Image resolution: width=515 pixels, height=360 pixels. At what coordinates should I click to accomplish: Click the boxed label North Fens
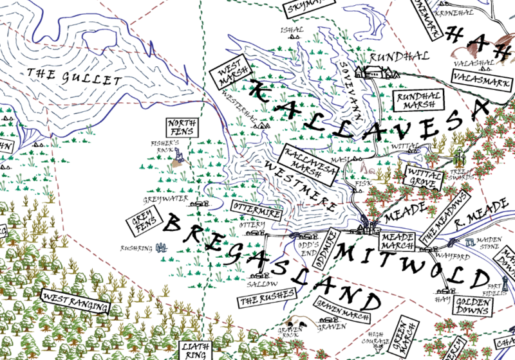pos(183,128)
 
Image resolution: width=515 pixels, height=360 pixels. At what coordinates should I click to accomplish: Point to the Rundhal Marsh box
pos(413,101)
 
